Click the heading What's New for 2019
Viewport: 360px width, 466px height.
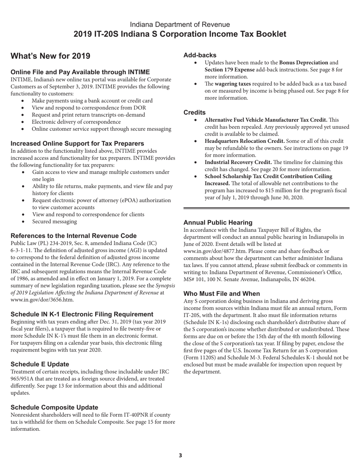coord(50,56)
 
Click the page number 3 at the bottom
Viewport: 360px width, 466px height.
coord(180,455)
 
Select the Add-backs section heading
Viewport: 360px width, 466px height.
coord(200,55)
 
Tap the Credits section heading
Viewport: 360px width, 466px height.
coord(194,113)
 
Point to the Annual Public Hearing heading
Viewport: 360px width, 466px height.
coord(218,222)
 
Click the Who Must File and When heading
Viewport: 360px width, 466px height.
coord(222,294)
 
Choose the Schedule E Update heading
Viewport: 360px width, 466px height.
coord(40,364)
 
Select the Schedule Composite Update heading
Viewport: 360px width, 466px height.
coord(54,407)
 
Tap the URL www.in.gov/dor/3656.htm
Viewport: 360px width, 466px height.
coord(42,300)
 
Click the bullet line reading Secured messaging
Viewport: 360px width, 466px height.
coord(55,222)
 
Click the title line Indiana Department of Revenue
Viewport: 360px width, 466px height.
coord(180,25)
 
